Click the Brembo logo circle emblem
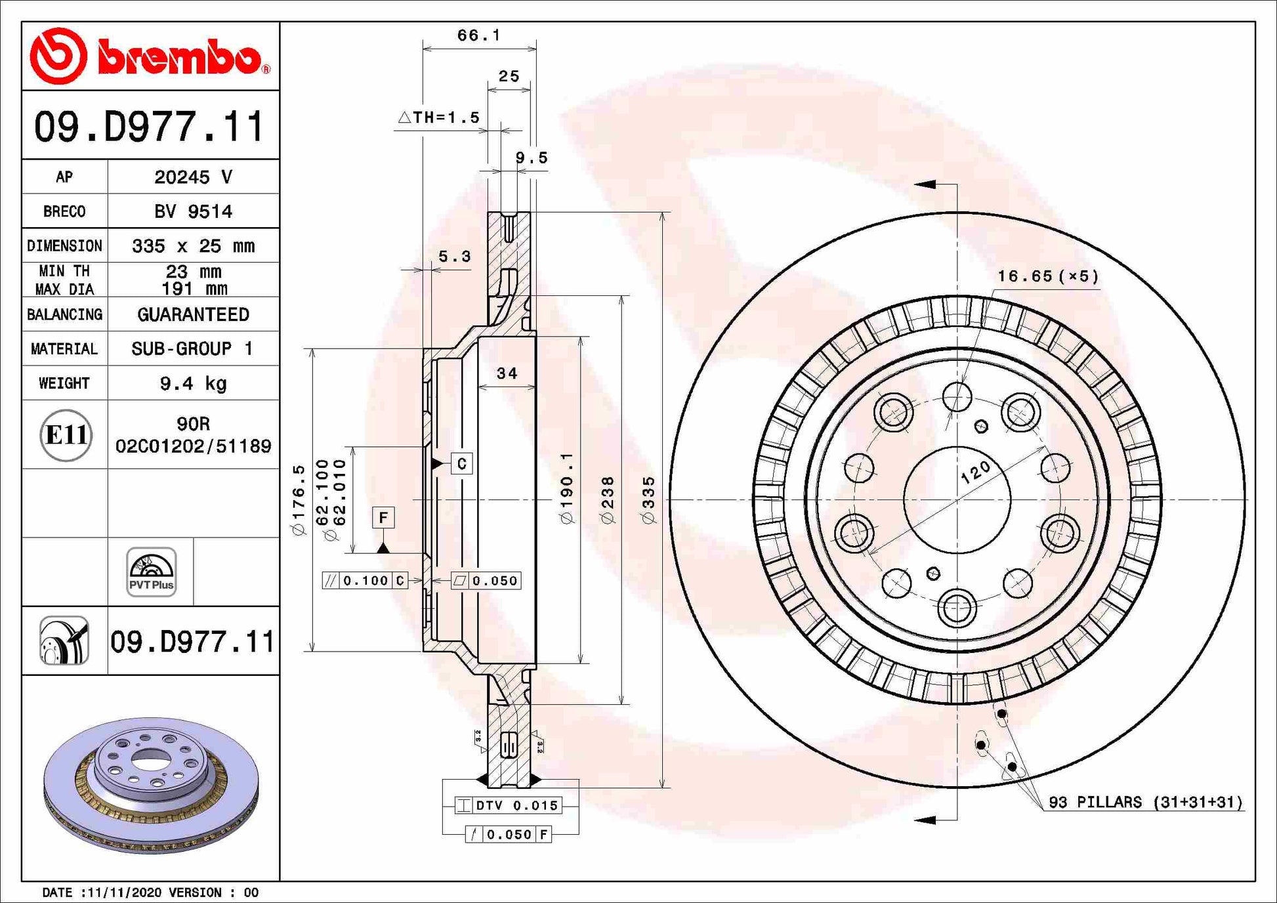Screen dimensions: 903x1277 [x=58, y=56]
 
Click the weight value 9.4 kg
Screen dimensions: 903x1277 [x=193, y=383]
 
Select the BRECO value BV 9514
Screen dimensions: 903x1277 [x=193, y=211]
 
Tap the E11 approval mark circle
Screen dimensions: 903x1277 [x=66, y=435]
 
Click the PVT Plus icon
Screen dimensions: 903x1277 [x=151, y=572]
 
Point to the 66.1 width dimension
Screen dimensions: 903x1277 [x=478, y=35]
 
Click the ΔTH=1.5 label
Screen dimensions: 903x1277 [x=440, y=117]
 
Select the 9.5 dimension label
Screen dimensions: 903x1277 [x=531, y=157]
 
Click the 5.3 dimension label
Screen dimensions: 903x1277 [x=455, y=257]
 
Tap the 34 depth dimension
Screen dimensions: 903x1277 [x=507, y=373]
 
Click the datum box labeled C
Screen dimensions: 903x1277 [x=461, y=464]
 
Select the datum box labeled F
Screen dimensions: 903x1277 [x=383, y=517]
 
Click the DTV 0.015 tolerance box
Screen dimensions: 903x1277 [x=509, y=805]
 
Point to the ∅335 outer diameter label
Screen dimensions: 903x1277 [x=648, y=500]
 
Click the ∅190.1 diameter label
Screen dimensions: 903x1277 [x=567, y=488]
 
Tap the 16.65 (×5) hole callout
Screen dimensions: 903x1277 [x=1048, y=276]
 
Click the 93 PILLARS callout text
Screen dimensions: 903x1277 [x=1145, y=802]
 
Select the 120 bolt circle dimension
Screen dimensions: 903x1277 [x=976, y=472]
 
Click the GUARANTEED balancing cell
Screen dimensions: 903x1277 [x=193, y=314]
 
